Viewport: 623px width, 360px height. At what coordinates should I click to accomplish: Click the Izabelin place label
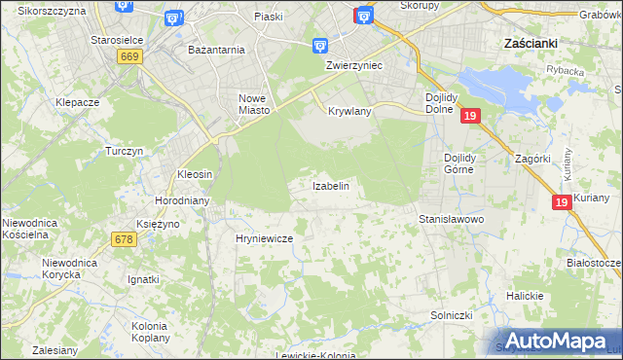(x=330, y=185)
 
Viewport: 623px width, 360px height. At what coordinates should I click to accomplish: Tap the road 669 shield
(x=129, y=57)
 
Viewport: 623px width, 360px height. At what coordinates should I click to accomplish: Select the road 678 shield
(x=124, y=239)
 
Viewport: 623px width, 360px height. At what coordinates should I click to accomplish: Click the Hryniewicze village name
(x=265, y=237)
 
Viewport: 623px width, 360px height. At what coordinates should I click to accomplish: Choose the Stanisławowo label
(x=452, y=220)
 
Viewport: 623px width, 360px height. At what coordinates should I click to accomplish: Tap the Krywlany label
(x=350, y=112)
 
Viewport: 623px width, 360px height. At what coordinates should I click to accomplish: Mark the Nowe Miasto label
(x=252, y=103)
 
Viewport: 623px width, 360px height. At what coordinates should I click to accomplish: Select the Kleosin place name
(x=195, y=174)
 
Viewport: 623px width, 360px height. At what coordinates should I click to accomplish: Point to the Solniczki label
(x=452, y=316)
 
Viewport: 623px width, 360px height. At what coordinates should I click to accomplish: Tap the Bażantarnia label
(x=216, y=49)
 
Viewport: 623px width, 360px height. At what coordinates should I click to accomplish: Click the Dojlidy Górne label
(x=458, y=163)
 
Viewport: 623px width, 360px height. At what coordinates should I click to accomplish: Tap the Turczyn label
(x=125, y=152)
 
